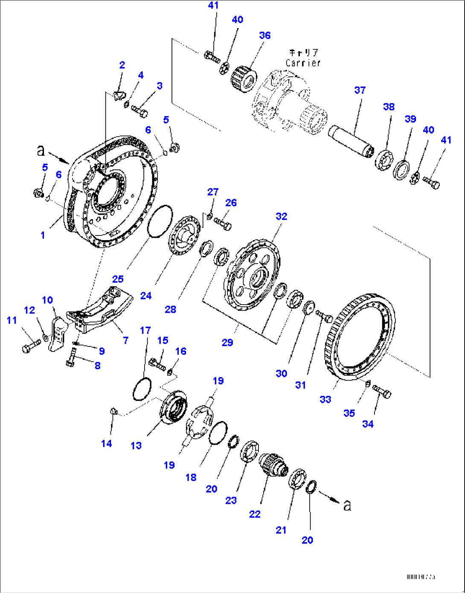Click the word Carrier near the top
coord(303,63)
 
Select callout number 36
coord(264,35)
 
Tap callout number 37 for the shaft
coord(360,90)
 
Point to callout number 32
coord(281,216)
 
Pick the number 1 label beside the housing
coord(43,235)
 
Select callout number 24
coord(146,296)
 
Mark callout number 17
coord(145,330)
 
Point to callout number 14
coord(107,444)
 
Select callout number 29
coord(227,342)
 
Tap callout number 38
coord(389,107)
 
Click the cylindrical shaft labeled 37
coord(351,140)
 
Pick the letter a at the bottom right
coord(347,505)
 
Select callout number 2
coord(122,65)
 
